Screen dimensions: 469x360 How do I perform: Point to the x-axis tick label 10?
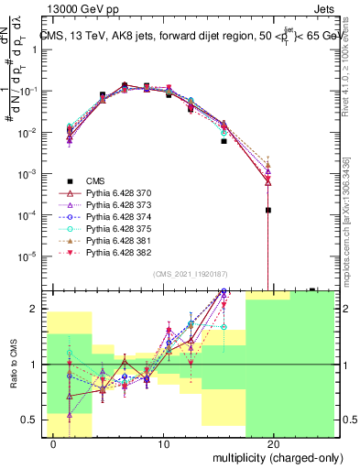(164, 444)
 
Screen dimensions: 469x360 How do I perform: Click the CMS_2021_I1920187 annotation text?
(190, 273)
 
